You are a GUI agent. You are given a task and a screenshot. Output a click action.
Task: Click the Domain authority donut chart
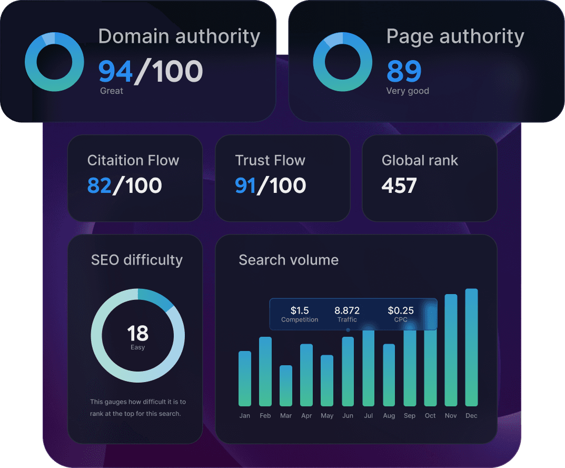coord(54,62)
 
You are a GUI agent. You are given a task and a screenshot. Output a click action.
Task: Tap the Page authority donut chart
coord(342,62)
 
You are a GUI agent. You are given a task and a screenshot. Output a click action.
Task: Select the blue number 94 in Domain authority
coord(116,72)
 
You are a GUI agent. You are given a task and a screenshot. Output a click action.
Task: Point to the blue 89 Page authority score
coord(404,72)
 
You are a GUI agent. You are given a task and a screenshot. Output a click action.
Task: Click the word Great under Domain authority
coord(112,91)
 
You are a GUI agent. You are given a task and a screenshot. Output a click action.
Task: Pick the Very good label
coord(408,91)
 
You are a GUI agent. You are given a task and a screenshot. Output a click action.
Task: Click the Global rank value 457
coord(399,186)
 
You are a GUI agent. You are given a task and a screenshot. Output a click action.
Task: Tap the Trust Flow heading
coord(270,160)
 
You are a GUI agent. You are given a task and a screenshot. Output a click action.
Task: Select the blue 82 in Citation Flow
coord(100,186)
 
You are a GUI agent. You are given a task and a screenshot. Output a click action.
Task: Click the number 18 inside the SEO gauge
coord(137,333)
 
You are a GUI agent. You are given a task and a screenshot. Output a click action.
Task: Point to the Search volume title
coord(289,260)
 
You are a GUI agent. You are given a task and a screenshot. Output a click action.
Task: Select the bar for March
coord(286,386)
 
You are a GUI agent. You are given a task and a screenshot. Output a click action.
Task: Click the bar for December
coord(471,348)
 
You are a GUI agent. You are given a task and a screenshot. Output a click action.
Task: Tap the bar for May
coord(327,381)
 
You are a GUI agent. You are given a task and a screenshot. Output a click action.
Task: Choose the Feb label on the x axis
coord(265,416)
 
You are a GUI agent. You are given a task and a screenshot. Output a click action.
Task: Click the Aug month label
coord(389,416)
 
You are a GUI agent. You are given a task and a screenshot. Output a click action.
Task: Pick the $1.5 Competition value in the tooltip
coord(300,310)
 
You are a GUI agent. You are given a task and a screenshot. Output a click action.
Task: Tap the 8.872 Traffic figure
coord(347,310)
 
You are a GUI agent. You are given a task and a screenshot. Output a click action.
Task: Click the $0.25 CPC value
coord(401,310)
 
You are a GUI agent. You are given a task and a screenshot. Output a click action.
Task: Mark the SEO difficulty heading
coord(137,260)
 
